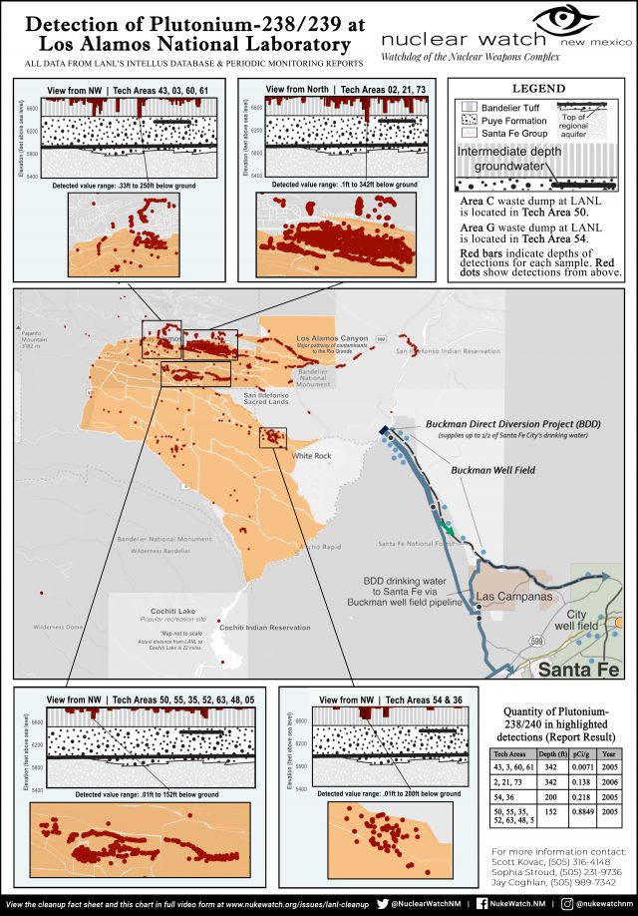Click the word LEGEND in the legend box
539,89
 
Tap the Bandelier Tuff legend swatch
464,105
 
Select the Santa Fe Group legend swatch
464,131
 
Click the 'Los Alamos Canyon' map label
335,339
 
